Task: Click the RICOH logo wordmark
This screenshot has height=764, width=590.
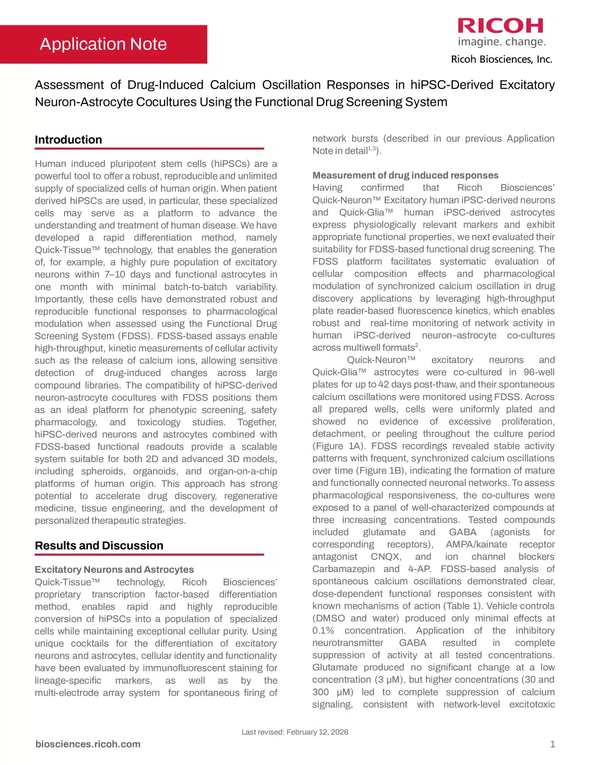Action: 501,25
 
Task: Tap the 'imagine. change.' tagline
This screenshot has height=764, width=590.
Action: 502,42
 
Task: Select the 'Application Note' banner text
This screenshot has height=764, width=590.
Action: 103,44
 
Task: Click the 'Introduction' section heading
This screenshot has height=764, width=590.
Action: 68,140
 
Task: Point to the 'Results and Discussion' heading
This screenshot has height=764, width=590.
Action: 99,546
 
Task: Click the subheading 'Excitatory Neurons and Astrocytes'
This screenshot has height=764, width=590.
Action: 114,570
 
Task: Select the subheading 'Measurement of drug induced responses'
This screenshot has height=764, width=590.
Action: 405,175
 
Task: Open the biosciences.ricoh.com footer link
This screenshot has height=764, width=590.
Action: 88,744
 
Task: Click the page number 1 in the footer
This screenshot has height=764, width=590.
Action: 552,744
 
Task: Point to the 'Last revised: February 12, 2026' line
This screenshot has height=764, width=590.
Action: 295,732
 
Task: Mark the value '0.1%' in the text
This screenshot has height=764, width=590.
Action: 323,631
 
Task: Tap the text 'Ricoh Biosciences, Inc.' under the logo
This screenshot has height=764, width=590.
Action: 502,60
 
